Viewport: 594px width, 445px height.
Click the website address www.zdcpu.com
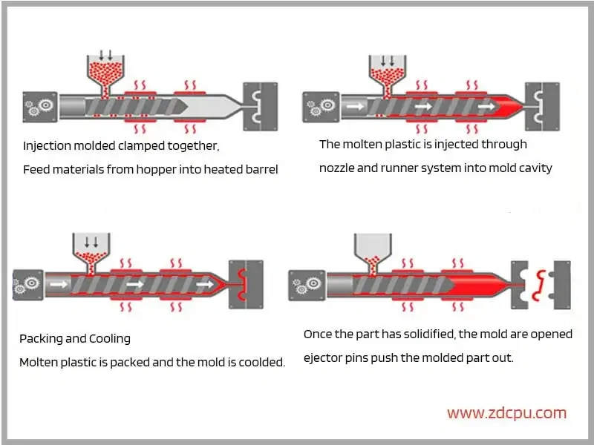tap(506, 413)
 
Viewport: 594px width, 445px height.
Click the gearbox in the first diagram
tap(40, 107)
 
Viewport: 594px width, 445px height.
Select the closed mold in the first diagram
tap(261, 107)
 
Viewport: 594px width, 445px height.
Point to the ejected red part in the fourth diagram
tap(539, 286)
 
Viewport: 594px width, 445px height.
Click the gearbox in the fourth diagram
tap(307, 286)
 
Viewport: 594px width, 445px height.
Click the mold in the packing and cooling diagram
tap(247, 285)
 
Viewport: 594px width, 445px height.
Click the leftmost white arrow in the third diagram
tap(59, 284)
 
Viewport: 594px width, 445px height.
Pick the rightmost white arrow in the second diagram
tap(486, 107)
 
